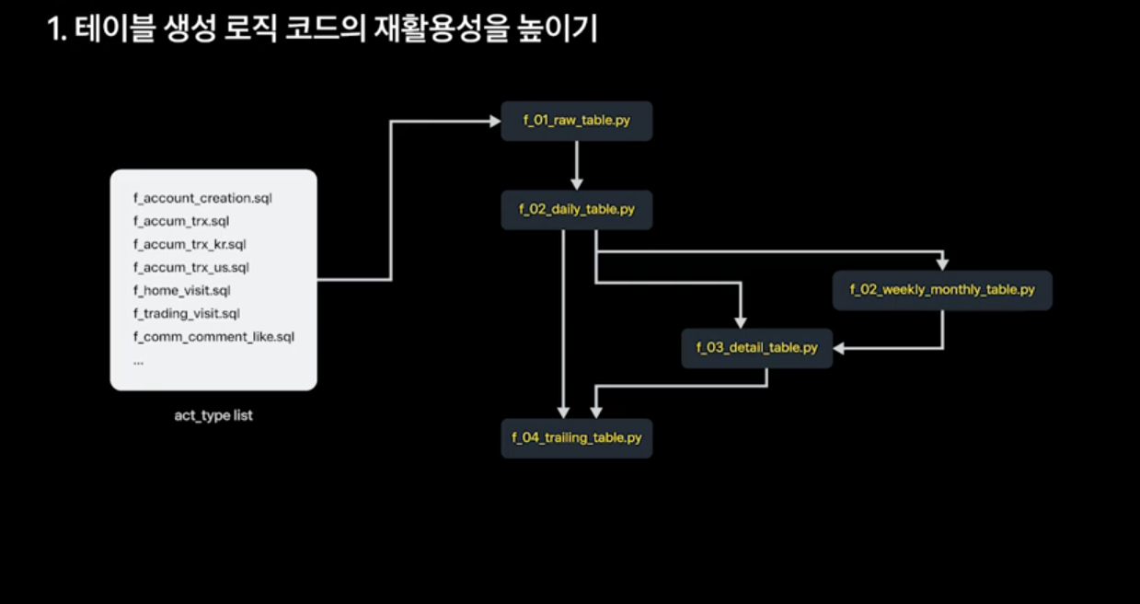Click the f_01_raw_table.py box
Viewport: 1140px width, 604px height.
click(x=576, y=122)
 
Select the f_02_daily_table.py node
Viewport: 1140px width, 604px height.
click(x=576, y=210)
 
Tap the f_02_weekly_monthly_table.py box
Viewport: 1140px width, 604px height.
click(x=941, y=290)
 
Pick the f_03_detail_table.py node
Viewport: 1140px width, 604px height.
click(x=756, y=349)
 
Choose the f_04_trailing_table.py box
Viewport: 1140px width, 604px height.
click(x=576, y=438)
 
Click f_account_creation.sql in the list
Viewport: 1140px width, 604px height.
click(x=202, y=198)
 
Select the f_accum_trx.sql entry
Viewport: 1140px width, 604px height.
click(x=181, y=221)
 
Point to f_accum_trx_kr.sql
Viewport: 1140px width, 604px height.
click(x=190, y=244)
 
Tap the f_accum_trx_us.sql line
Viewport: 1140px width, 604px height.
click(x=190, y=268)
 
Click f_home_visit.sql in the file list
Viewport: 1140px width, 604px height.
click(x=181, y=291)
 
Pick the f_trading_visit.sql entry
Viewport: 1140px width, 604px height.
click(x=187, y=314)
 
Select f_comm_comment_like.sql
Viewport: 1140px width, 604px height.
click(x=213, y=337)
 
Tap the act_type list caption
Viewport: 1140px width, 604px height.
click(x=213, y=415)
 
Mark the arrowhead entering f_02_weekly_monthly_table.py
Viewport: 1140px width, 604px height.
click(x=942, y=264)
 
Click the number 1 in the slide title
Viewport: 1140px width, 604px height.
click(x=53, y=29)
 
